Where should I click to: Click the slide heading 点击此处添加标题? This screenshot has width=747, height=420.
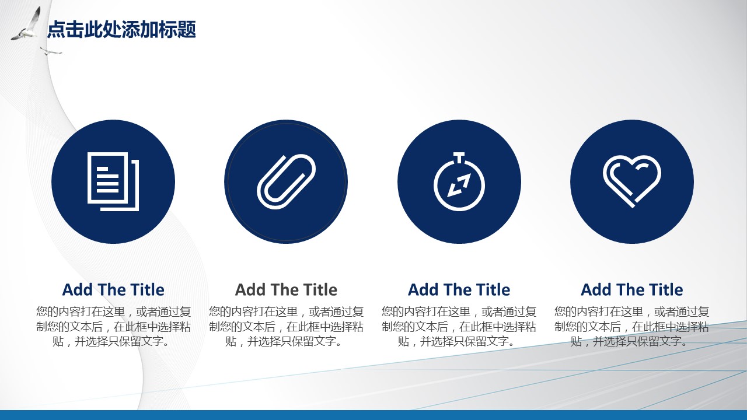tap(121, 30)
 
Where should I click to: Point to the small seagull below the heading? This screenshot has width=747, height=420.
tap(51, 51)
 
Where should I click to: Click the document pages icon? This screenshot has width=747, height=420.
tap(113, 181)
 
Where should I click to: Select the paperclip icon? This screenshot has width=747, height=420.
tap(286, 181)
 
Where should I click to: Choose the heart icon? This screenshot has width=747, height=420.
tap(632, 181)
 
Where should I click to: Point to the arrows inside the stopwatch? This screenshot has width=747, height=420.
tap(459, 185)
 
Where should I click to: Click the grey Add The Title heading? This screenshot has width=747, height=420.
tap(286, 289)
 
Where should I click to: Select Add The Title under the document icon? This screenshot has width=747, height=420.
tap(113, 289)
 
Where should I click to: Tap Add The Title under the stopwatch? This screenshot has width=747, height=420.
tap(459, 289)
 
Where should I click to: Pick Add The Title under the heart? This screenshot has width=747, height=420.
tap(632, 289)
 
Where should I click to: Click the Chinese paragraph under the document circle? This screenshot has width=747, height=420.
tap(113, 327)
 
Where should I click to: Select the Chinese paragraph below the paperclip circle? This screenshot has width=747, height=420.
tap(286, 327)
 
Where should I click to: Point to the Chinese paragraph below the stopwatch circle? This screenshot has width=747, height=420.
tap(459, 327)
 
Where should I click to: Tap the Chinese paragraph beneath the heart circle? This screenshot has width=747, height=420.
tap(632, 327)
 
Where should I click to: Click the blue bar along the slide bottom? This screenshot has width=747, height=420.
tap(373, 415)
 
